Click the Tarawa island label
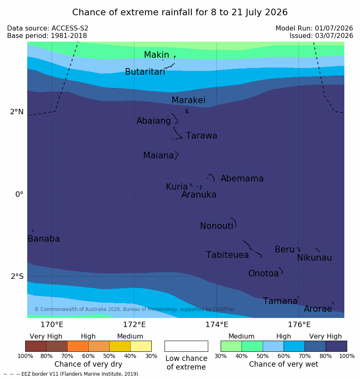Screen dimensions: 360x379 (201, 136)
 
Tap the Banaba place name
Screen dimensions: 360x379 (44, 238)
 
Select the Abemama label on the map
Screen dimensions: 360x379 (242, 179)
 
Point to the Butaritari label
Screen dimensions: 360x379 (145, 71)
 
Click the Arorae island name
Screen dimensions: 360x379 (318, 308)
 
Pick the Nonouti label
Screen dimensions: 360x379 (216, 226)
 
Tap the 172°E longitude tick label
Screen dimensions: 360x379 (134, 325)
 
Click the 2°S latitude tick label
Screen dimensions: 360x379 (17, 276)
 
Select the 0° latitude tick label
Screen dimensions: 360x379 (19, 194)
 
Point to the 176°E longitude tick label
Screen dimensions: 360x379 (299, 325)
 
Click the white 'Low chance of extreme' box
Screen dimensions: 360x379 (186, 346)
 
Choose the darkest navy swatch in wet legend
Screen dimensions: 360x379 (336, 346)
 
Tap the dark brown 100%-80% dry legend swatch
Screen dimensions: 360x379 (36, 346)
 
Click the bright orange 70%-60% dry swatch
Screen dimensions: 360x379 (78, 346)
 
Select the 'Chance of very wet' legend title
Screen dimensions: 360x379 (284, 364)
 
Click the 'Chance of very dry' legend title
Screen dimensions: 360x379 (88, 364)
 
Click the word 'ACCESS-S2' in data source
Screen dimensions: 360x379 (70, 28)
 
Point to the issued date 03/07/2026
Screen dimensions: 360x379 (334, 36)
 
